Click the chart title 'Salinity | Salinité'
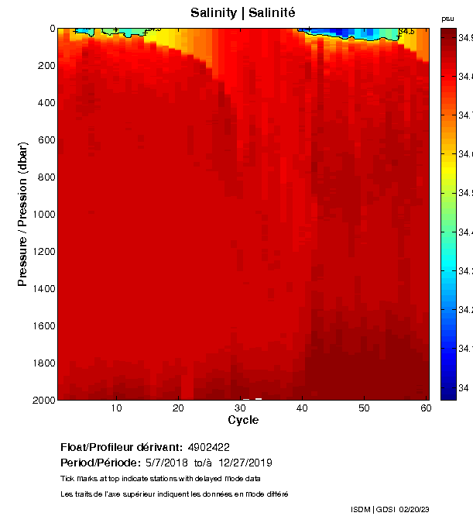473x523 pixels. point(242,13)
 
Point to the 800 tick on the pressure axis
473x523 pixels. point(44,177)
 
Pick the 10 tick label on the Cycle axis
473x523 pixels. point(116,408)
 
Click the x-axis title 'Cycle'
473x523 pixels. point(243,420)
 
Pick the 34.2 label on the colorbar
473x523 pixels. point(464,309)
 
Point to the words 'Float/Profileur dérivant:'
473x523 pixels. point(121,447)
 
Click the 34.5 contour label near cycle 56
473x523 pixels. point(406,32)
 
